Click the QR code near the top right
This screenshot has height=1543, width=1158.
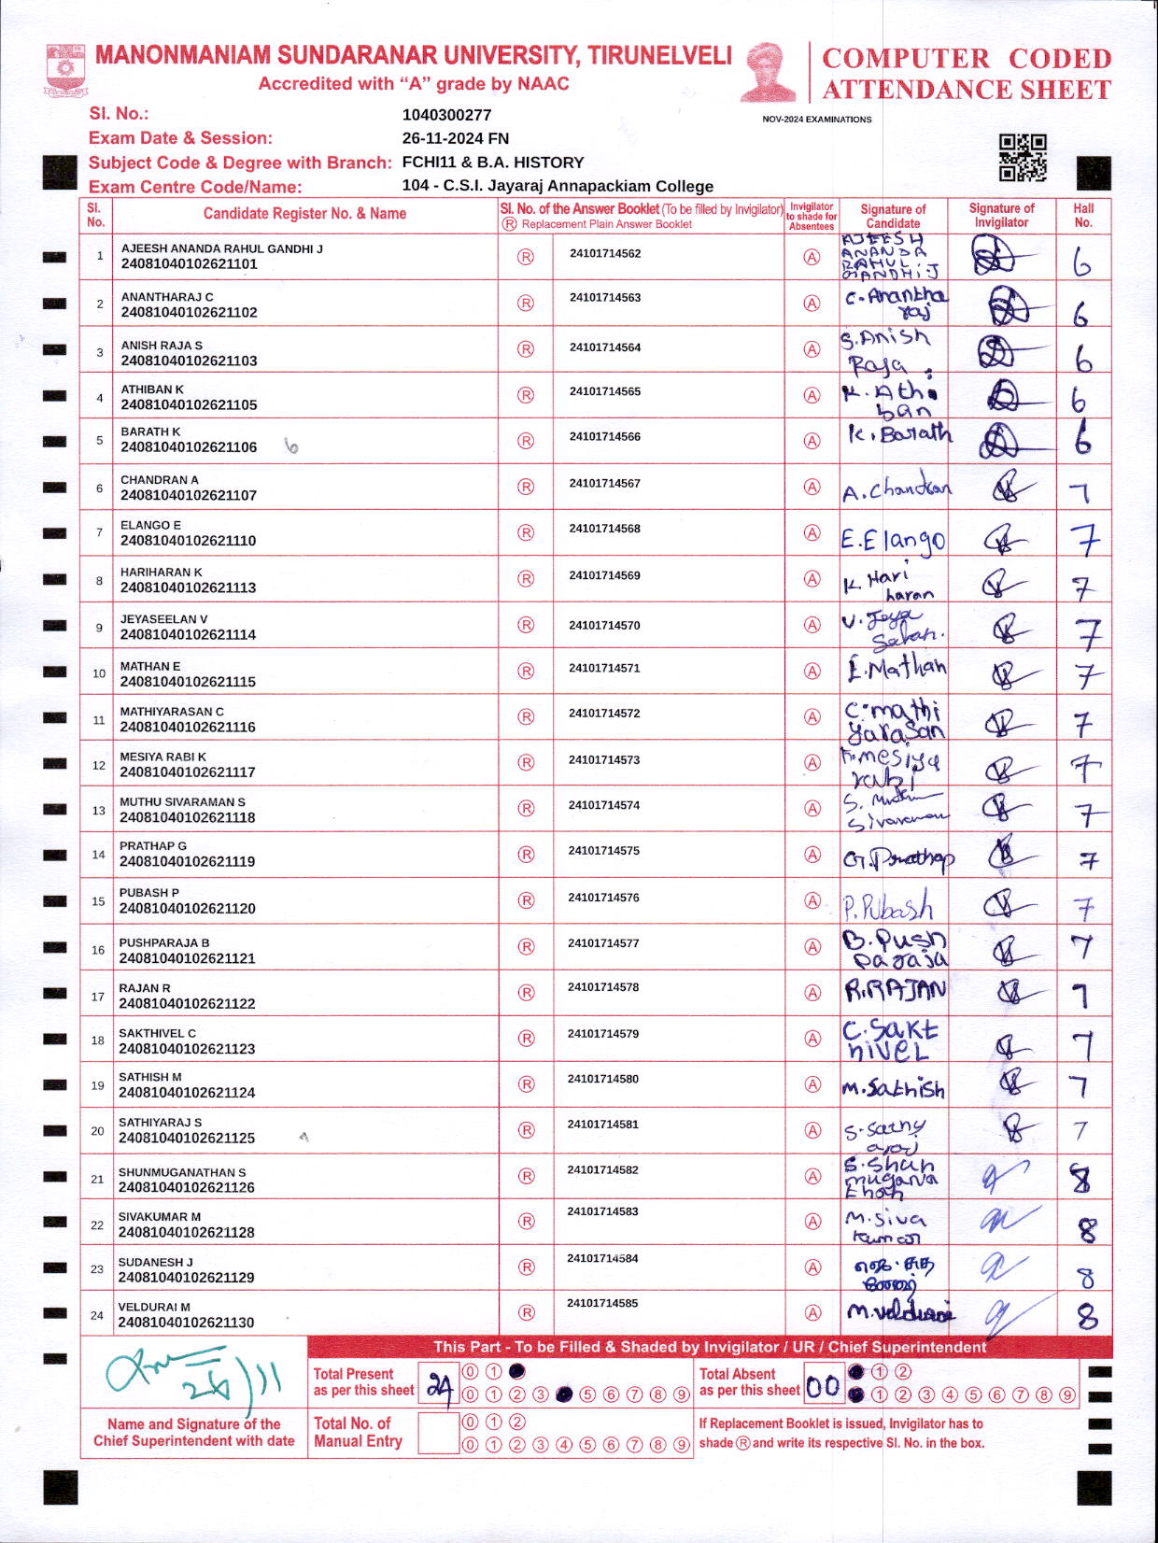click(x=1023, y=157)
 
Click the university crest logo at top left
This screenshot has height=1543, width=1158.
click(x=65, y=70)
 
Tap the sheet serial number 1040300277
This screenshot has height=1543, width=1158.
click(x=446, y=115)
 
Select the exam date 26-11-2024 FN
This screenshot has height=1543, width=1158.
click(x=455, y=138)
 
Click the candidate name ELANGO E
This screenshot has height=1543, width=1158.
click(x=150, y=525)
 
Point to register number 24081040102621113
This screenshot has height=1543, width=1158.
click(x=188, y=587)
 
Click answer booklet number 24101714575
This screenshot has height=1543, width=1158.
click(x=603, y=850)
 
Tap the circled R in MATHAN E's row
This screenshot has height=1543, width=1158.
click(x=526, y=671)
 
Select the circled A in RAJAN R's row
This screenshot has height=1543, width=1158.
click(x=812, y=992)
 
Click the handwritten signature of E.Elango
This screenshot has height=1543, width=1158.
click(x=892, y=539)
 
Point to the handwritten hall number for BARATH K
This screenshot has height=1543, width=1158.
click(x=1082, y=439)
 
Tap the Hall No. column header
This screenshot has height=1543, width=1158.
click(x=1083, y=215)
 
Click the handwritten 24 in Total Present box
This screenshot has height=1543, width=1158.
click(x=440, y=1386)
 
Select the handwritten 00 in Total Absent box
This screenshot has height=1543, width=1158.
click(x=823, y=1386)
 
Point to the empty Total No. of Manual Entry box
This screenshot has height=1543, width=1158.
click(x=438, y=1433)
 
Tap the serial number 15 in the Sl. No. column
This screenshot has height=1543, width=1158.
click(x=98, y=901)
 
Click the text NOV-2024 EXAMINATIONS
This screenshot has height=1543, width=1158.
click(x=816, y=120)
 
